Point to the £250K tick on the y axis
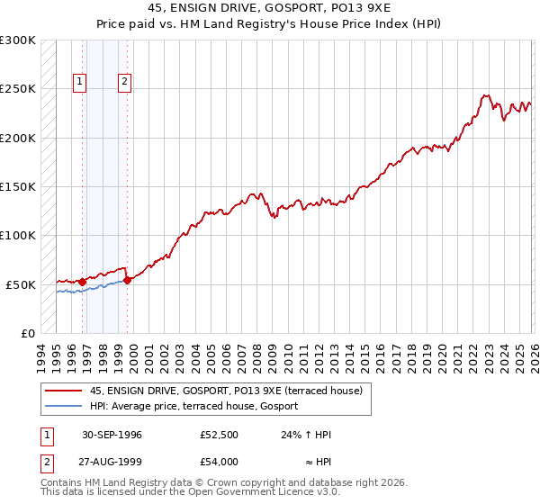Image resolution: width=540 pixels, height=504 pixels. (x=18, y=89)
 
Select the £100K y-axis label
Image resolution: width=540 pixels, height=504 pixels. (x=18, y=235)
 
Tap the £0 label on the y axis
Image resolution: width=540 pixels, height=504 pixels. (x=27, y=333)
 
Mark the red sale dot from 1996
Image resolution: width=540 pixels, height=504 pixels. (x=83, y=282)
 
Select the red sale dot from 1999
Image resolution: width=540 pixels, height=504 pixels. (x=127, y=280)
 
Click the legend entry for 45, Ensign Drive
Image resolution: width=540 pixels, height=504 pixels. (x=225, y=391)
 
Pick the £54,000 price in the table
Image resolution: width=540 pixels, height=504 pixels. (x=219, y=461)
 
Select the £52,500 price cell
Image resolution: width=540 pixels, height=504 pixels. (x=219, y=435)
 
